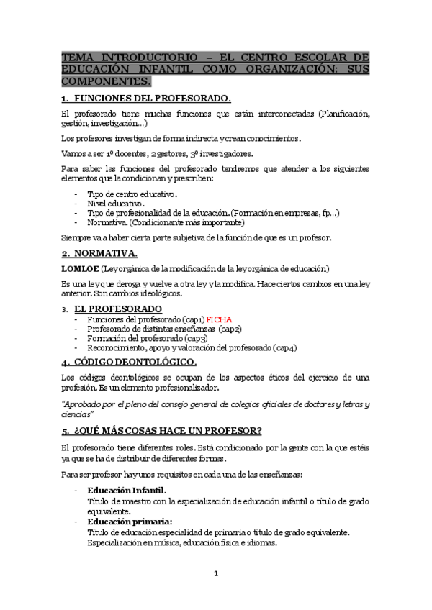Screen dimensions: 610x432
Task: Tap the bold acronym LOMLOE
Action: click(x=80, y=268)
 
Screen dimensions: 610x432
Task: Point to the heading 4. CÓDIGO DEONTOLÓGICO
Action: click(x=129, y=362)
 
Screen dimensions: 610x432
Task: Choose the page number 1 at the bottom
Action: click(x=215, y=573)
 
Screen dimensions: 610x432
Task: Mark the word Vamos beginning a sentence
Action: click(x=75, y=153)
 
